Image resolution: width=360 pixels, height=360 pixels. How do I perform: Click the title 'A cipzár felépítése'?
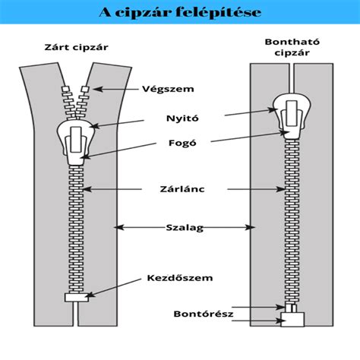pyautogui.click(x=180, y=12)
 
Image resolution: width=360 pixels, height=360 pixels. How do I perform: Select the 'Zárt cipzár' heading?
pyautogui.click(x=76, y=47)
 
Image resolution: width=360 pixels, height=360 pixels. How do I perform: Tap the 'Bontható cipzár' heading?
pyautogui.click(x=292, y=47)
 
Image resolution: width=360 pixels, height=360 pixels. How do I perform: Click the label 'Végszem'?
pyautogui.click(x=168, y=89)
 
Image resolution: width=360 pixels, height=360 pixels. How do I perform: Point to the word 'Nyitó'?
pyautogui.click(x=182, y=118)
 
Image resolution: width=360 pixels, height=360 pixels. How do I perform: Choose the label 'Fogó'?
pyautogui.click(x=182, y=143)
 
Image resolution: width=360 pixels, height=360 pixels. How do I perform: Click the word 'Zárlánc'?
pyautogui.click(x=182, y=189)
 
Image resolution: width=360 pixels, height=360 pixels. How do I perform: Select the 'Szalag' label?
pyautogui.click(x=185, y=228)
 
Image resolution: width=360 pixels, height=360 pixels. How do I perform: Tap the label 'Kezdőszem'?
pyautogui.click(x=180, y=278)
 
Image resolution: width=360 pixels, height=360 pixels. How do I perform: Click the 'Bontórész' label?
pyautogui.click(x=204, y=314)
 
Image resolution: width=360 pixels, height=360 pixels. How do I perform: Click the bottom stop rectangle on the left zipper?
pyautogui.click(x=77, y=297)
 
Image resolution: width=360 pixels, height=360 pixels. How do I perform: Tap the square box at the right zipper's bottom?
pyautogui.click(x=292, y=319)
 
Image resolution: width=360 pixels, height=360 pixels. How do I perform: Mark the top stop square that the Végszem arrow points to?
pyautogui.click(x=86, y=89)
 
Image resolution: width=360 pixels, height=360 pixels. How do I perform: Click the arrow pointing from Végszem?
pyautogui.click(x=115, y=89)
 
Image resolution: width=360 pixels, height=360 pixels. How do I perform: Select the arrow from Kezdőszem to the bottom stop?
pyautogui.click(x=113, y=288)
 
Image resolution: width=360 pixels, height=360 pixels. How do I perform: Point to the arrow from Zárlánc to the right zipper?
pyautogui.click(x=256, y=189)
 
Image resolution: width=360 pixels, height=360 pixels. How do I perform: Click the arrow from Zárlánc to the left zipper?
pyautogui.click(x=112, y=189)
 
